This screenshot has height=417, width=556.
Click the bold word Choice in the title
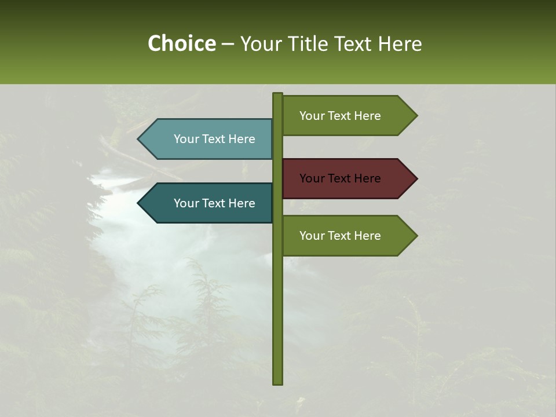click(x=181, y=44)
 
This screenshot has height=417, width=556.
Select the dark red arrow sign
click(x=348, y=178)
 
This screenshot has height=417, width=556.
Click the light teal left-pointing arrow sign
click(x=209, y=139)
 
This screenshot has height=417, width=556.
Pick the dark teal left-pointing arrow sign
click(x=209, y=203)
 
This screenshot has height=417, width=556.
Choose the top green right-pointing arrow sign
click(x=348, y=116)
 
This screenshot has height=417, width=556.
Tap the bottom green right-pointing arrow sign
click(x=348, y=236)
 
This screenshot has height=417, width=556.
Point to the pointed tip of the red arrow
click(x=416, y=178)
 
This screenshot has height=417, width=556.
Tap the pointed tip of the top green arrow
click(x=416, y=116)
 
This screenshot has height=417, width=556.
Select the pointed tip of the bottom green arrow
click(x=416, y=236)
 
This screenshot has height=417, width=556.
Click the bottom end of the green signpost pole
click(x=278, y=382)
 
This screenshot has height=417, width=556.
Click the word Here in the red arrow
click(x=367, y=178)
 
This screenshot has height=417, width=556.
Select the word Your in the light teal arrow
click(x=186, y=139)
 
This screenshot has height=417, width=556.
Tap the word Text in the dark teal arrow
click(x=214, y=203)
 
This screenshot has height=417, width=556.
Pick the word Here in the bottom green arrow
click(x=367, y=236)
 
